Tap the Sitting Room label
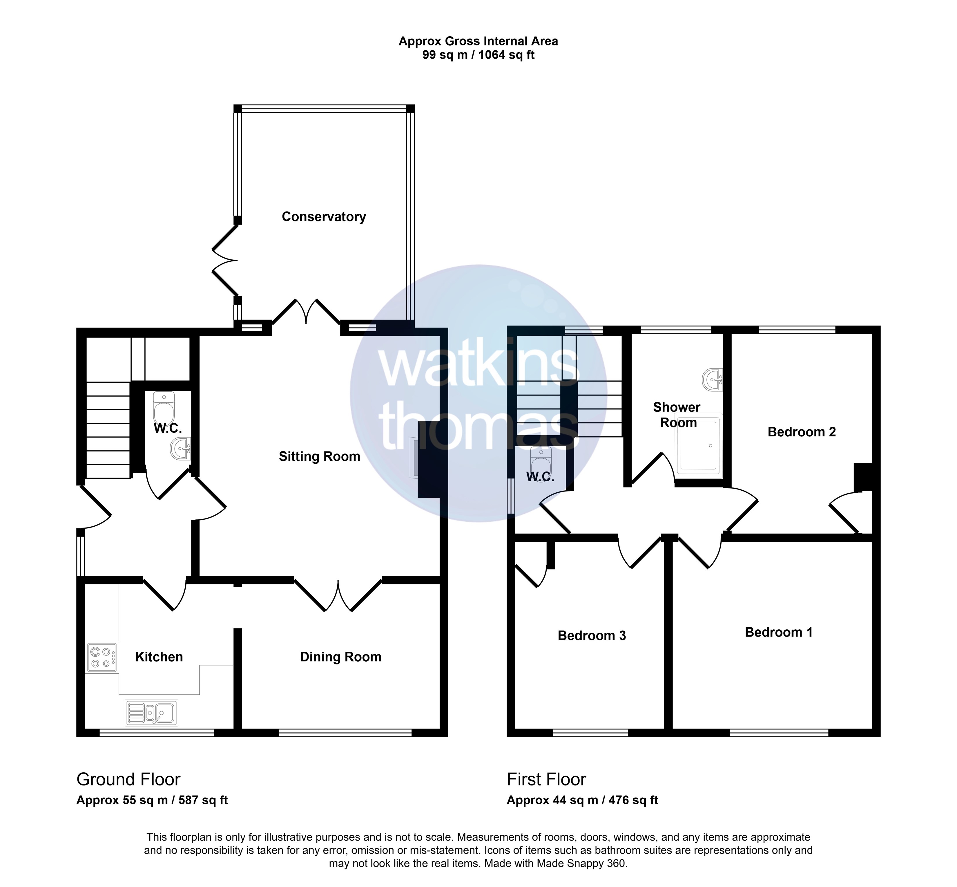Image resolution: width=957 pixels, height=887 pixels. click(x=320, y=456)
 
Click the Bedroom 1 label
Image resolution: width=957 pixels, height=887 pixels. click(x=779, y=632)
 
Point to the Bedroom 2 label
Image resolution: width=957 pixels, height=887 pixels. click(x=802, y=432)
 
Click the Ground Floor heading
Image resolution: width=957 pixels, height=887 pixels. click(x=128, y=779)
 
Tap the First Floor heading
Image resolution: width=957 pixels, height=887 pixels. click(x=546, y=779)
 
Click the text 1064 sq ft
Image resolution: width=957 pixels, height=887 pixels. click(x=507, y=55)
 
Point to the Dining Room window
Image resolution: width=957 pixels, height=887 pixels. click(x=345, y=733)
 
